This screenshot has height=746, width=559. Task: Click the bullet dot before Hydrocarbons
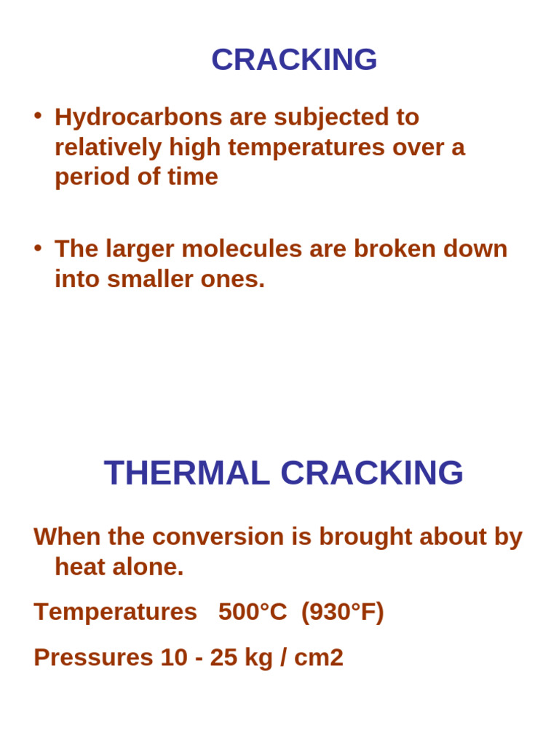(38, 115)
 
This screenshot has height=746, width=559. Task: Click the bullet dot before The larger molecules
(38, 247)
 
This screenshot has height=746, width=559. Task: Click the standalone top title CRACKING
(294, 60)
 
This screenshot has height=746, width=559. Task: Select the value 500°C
(253, 612)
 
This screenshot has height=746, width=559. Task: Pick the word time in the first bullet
(193, 177)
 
